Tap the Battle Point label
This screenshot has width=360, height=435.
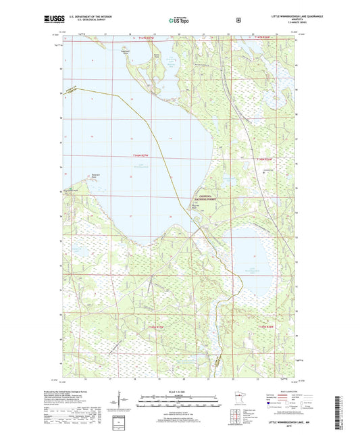point(157,55)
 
